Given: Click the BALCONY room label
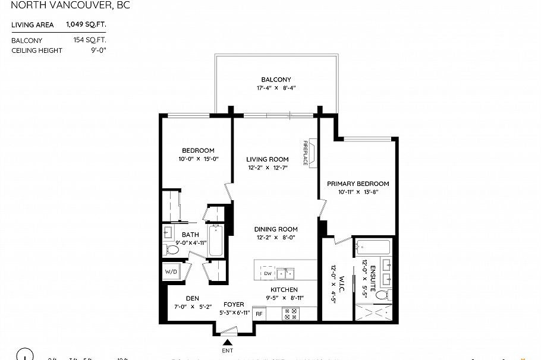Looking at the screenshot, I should click(x=276, y=80).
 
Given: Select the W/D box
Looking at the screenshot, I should click(x=171, y=272).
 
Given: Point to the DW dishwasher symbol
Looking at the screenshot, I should click(x=268, y=273).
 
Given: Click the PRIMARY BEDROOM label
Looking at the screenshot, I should click(x=358, y=184).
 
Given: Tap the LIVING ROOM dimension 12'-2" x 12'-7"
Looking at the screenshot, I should click(x=268, y=168).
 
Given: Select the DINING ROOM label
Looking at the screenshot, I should click(x=276, y=229).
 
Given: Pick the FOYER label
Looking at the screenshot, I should click(x=233, y=304).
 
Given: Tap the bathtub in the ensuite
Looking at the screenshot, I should click(x=372, y=246).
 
